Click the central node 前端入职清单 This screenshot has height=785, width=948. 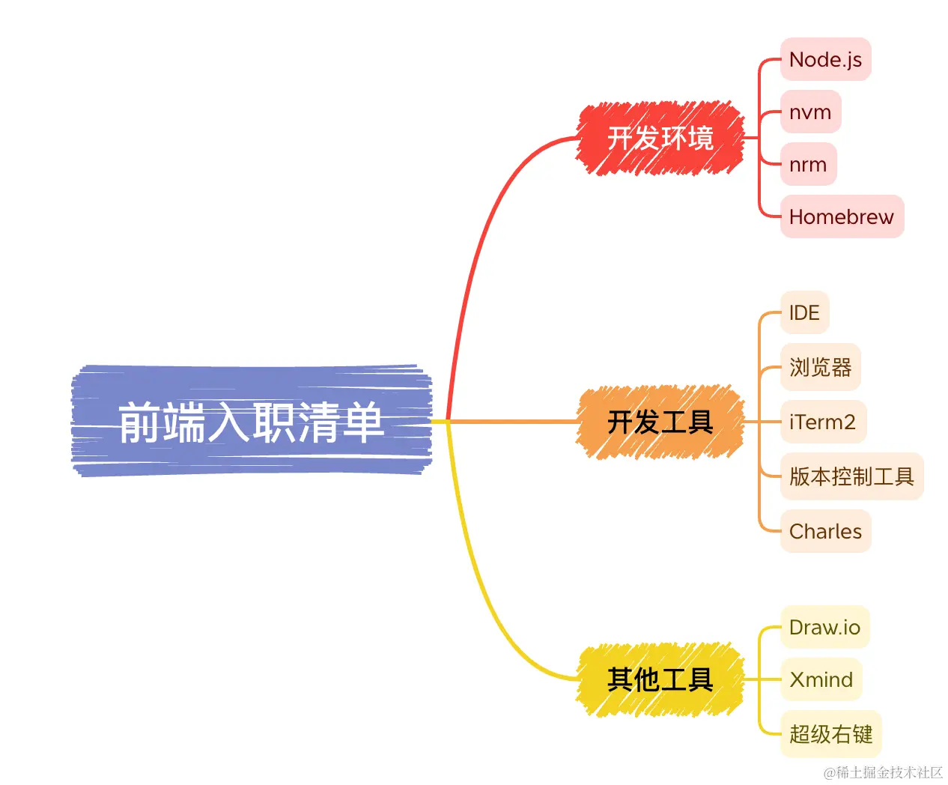click(x=252, y=422)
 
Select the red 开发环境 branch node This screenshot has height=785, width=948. click(x=660, y=139)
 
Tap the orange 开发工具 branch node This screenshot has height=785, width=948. click(x=660, y=422)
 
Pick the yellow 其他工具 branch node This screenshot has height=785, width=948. click(x=660, y=679)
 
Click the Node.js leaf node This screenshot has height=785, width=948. click(x=825, y=60)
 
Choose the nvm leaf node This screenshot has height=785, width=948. click(x=810, y=112)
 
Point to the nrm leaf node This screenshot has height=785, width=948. click(x=808, y=165)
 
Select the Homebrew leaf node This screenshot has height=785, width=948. click(x=842, y=217)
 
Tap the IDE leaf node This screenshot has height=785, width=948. click(x=804, y=313)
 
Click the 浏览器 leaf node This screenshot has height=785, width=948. click(x=820, y=367)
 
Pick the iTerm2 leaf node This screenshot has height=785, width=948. click(x=822, y=422)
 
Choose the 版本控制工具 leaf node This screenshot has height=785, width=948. click(x=851, y=476)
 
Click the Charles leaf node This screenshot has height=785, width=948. click(x=825, y=531)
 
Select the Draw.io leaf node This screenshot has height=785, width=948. click(x=824, y=627)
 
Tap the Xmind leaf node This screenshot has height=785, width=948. click(x=821, y=679)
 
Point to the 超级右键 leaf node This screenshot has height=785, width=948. click(x=830, y=734)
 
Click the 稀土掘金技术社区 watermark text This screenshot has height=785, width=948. click(x=883, y=772)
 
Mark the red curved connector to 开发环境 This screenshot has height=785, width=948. click(x=479, y=225)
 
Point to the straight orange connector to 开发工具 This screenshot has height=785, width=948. click(x=517, y=422)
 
